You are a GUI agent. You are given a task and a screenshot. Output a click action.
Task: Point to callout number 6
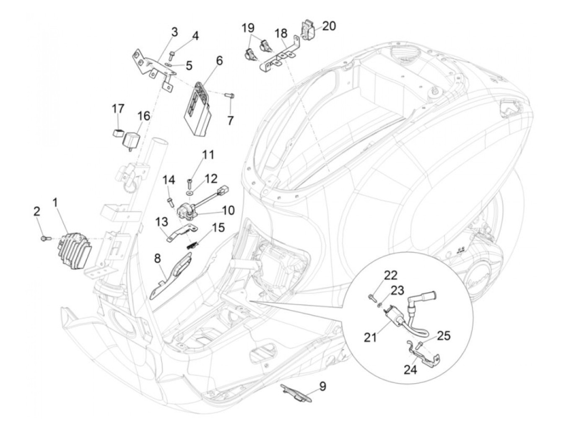pos(219,61)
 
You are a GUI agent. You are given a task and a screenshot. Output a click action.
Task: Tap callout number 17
pos(118,109)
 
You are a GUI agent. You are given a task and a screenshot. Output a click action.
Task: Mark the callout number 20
pos(329,26)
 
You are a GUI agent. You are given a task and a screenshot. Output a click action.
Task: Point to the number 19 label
pos(249,28)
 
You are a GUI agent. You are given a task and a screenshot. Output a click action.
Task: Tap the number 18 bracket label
pos(281,34)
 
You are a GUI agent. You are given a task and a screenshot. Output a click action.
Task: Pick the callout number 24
pos(410,370)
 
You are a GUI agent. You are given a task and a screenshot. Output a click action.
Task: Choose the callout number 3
pos(174,32)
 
